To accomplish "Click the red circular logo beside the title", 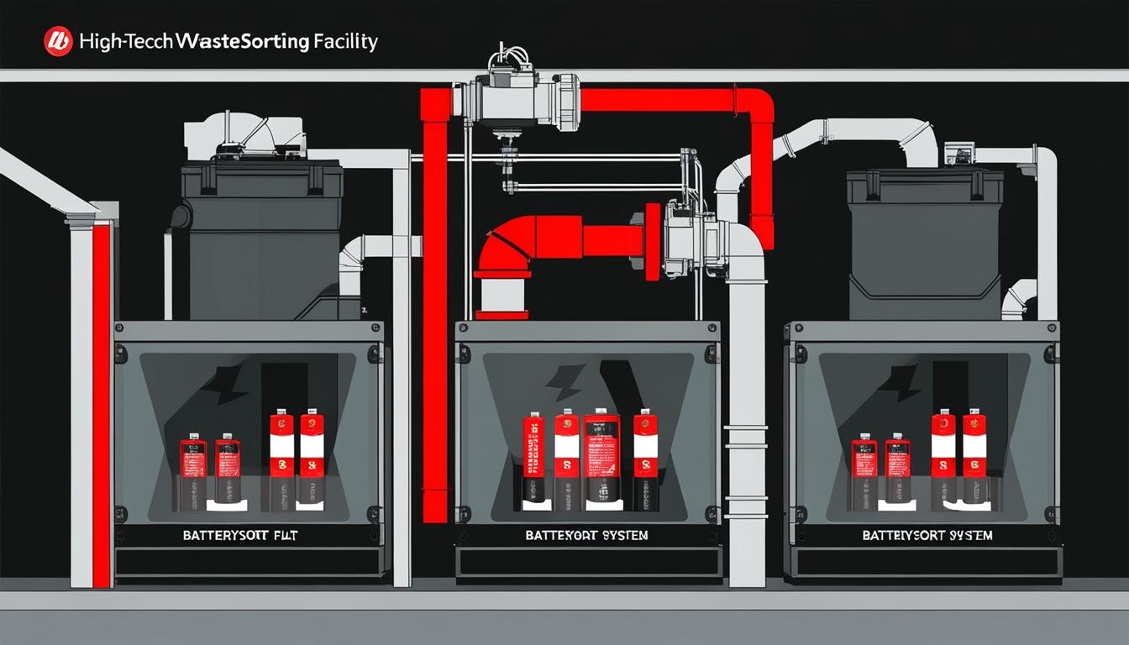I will tap(58, 41).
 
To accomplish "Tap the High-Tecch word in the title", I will tap(127, 41).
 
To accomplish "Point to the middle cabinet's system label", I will tap(586, 535).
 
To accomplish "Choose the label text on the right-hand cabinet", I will tap(927, 535).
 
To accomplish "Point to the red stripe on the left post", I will tap(101, 403).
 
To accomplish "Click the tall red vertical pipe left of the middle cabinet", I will tap(435, 319).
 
